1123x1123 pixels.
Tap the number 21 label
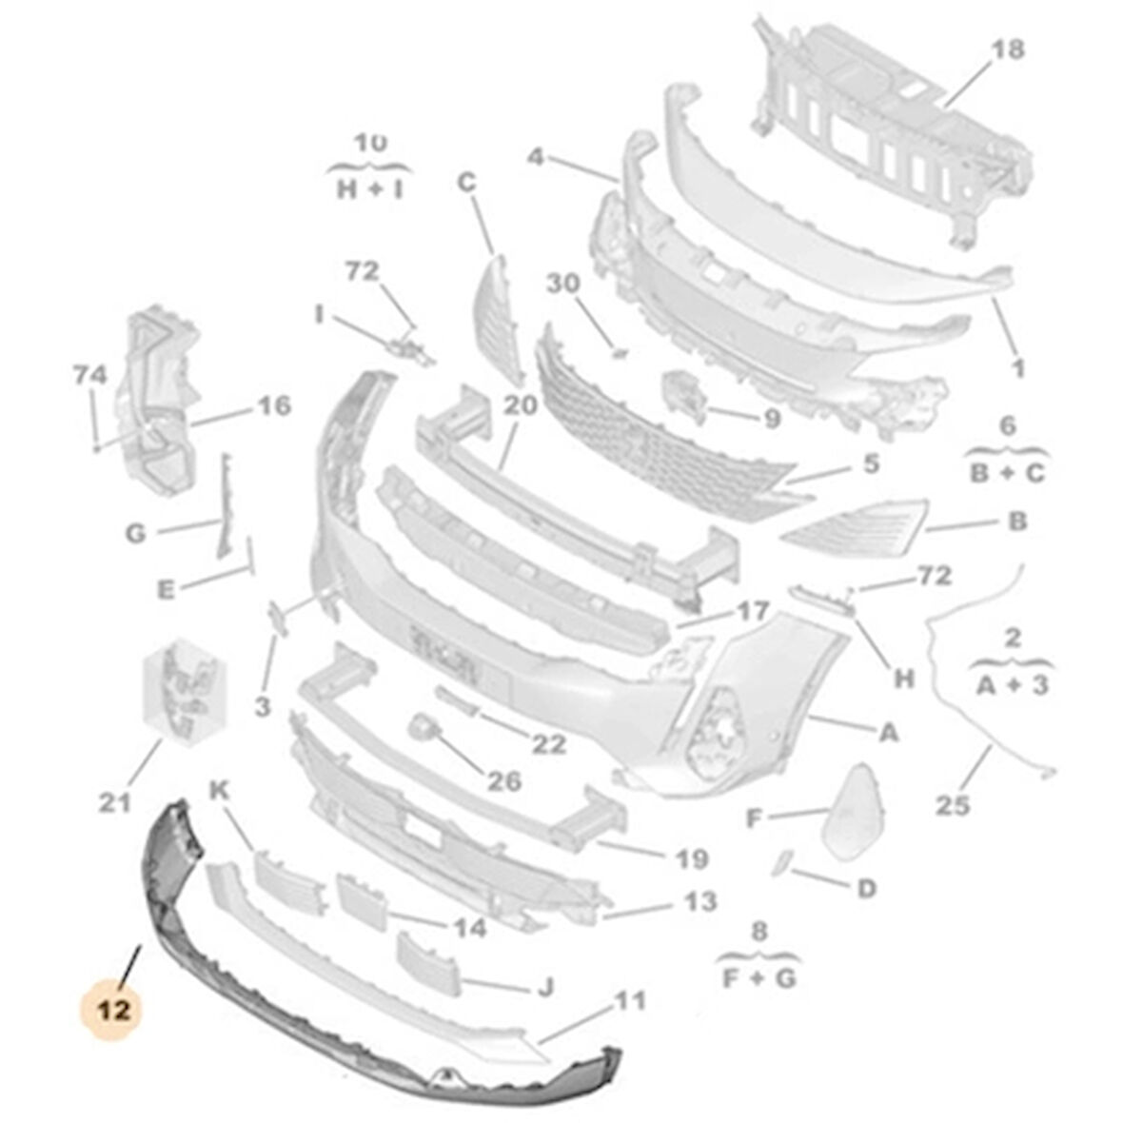click(x=114, y=803)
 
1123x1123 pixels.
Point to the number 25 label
click(x=952, y=806)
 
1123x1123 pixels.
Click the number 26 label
click(x=504, y=781)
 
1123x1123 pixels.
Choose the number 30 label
click(x=562, y=284)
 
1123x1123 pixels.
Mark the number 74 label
click(x=89, y=376)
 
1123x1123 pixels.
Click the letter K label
click(x=220, y=789)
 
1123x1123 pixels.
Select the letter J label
click(x=545, y=988)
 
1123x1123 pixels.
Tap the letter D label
click(x=866, y=888)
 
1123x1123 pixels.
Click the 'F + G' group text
click(x=758, y=977)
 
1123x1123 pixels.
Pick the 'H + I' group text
click(x=370, y=189)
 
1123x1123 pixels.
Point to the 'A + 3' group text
click(x=1013, y=683)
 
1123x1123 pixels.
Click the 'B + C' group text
click(x=1008, y=473)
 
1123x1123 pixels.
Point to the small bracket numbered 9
click(x=684, y=395)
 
